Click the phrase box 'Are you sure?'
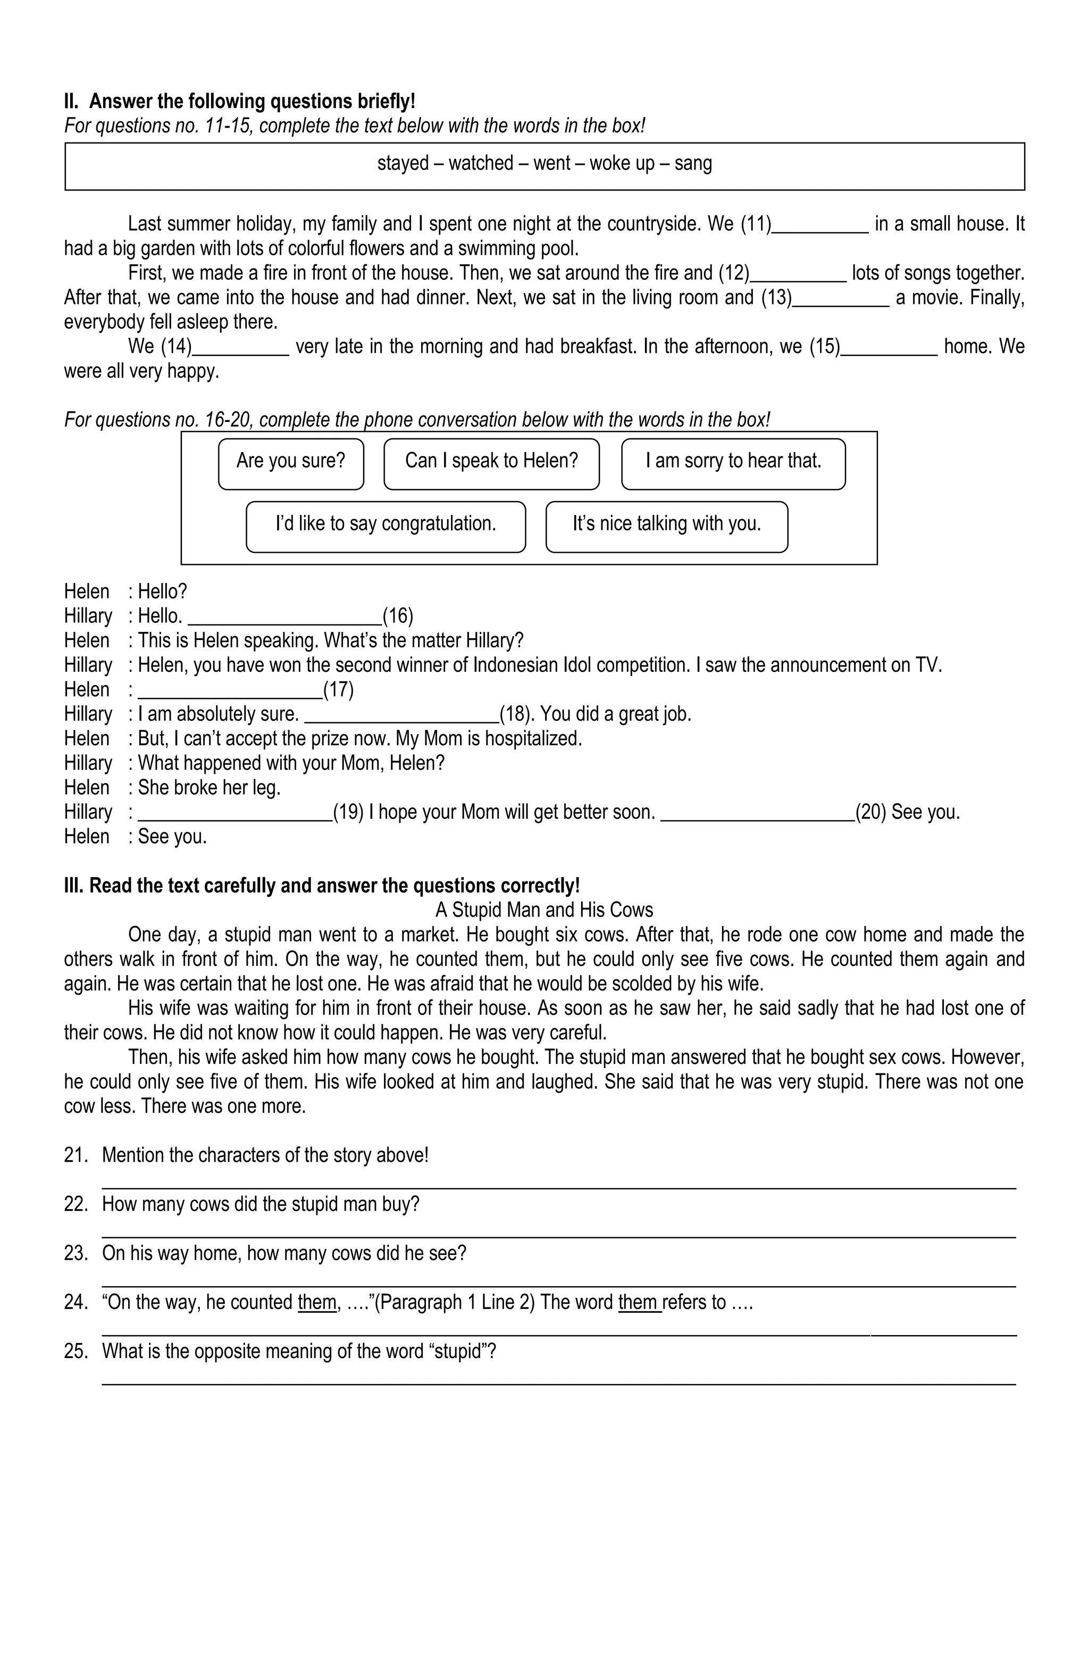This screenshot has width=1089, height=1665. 290,463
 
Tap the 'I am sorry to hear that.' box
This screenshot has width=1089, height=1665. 732,463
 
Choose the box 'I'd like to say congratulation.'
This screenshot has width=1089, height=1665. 386,526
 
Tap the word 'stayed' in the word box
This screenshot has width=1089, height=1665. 403,164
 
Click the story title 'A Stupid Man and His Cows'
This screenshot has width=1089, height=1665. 543,910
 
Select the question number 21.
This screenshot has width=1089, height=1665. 76,1155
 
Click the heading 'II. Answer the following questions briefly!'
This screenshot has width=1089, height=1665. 239,102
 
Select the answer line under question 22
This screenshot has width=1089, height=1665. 558,1236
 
